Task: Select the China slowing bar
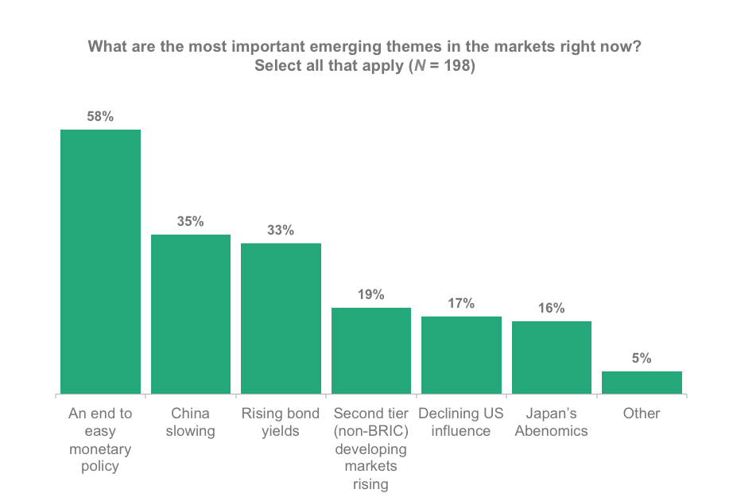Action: click(191, 314)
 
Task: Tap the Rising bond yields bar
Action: click(281, 318)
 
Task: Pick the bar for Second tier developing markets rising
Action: click(371, 351)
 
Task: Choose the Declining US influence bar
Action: click(461, 355)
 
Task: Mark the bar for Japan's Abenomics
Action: click(552, 357)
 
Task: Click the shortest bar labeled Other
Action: click(642, 383)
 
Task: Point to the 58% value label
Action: click(101, 117)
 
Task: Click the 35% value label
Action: click(191, 222)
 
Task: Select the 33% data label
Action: click(281, 231)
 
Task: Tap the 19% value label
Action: click(371, 295)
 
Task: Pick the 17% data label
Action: click(461, 304)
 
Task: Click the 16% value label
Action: click(552, 309)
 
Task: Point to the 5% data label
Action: click(642, 359)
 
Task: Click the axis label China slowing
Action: click(191, 422)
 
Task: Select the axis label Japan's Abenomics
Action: click(552, 422)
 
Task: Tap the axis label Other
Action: click(642, 414)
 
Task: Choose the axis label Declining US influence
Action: click(461, 422)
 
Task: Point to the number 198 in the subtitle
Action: click(457, 66)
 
